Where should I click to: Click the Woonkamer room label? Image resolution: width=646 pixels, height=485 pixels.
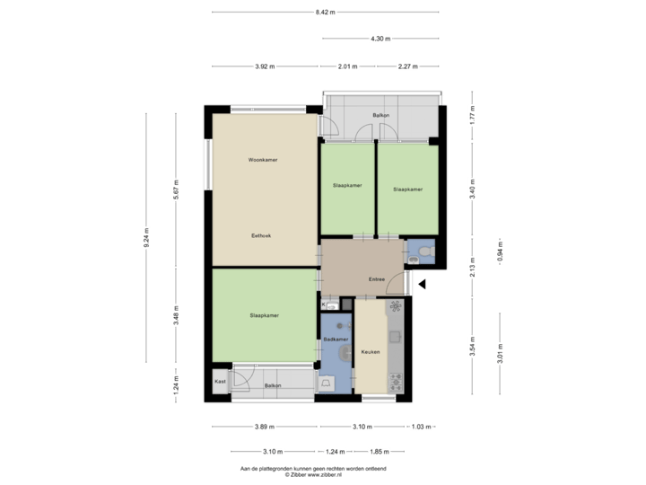pos(263,160)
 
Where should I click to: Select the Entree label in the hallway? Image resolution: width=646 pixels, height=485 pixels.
pos(377,279)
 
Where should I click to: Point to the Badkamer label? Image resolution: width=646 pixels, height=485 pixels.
pos(335,339)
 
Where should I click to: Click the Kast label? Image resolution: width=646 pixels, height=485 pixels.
pos(220,382)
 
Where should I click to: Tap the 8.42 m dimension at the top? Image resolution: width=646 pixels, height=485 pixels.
pos(325,12)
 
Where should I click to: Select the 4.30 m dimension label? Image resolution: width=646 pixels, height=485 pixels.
pos(380,38)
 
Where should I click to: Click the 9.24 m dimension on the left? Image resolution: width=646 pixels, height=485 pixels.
pos(146,236)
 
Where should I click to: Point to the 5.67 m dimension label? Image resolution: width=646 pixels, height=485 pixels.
pos(176,190)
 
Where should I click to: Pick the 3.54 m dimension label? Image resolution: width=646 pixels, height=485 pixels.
pos(473,346)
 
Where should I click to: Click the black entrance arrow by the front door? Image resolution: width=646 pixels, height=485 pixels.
pos(422,285)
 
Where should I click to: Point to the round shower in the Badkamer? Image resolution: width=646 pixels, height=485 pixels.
pos(343,354)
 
